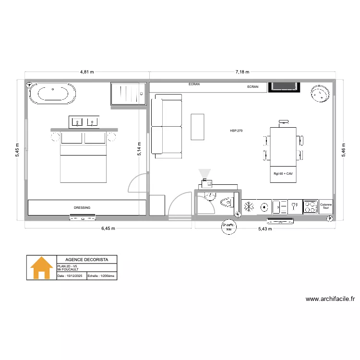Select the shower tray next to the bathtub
coord(128,94)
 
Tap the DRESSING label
coord(82,207)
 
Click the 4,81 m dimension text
coord(87,72)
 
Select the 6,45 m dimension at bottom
coord(108,228)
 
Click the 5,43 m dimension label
coord(265,228)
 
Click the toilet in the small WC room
coord(226,204)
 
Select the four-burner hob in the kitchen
coord(310,207)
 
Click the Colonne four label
coord(326,207)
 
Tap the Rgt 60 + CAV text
coord(283,174)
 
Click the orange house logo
coord(42,268)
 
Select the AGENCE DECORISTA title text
coord(87,259)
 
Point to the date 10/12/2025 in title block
coord(71,276)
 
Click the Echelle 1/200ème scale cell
coord(101,276)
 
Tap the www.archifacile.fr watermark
coord(330,299)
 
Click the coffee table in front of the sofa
coord(197,127)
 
